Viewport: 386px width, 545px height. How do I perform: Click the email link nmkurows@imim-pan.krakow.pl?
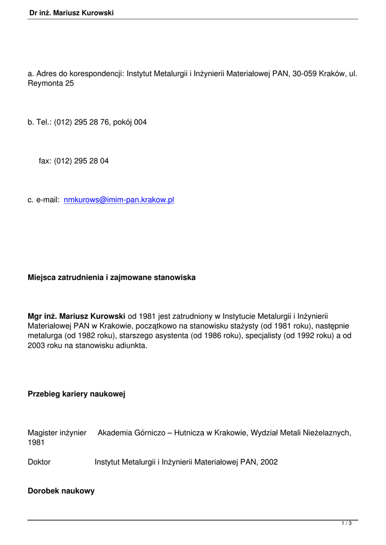coord(119,200)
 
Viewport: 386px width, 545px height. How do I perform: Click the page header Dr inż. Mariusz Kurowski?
coord(72,13)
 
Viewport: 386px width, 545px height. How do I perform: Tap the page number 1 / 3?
coord(347,524)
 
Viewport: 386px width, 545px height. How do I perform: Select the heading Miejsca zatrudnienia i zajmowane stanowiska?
coord(111,277)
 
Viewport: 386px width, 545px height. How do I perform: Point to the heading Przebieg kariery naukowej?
coord(76,394)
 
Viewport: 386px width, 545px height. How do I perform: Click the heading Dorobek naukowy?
coord(61,491)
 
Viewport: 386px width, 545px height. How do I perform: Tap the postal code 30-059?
coord(304,73)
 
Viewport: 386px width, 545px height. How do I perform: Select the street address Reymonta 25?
coord(51,84)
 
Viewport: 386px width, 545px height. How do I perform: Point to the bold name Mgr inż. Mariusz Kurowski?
coord(76,316)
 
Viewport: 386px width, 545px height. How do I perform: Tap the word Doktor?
coord(39,462)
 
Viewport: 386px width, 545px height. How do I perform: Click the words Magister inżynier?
coord(57,433)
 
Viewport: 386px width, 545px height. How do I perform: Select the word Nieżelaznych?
coord(325,433)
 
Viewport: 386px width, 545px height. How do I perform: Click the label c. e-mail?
coord(43,200)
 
